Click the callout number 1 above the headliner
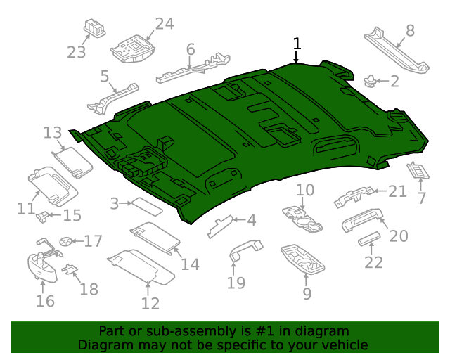tap(297, 44)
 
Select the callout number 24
tap(164, 24)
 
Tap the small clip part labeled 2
tap(369, 81)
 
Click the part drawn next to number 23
tap(94, 28)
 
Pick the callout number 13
tap(53, 132)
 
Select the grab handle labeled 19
tap(245, 250)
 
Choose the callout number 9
tap(307, 293)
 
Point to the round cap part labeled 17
tap(67, 241)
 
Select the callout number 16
tap(45, 301)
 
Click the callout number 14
tap(190, 264)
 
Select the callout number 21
tap(398, 191)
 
